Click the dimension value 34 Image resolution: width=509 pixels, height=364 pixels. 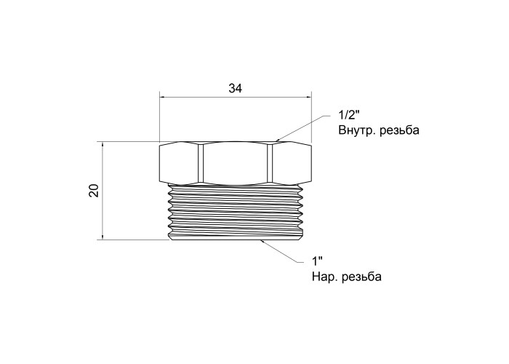(235, 88)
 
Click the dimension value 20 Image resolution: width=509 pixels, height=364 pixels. (94, 191)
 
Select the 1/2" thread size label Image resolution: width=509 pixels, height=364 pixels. (349, 115)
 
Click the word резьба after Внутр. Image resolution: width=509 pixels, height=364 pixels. (399, 130)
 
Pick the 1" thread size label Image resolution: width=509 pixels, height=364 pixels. (318, 261)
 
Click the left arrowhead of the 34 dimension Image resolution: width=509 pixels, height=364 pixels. (163, 97)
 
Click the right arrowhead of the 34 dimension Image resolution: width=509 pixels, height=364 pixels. (308, 97)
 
